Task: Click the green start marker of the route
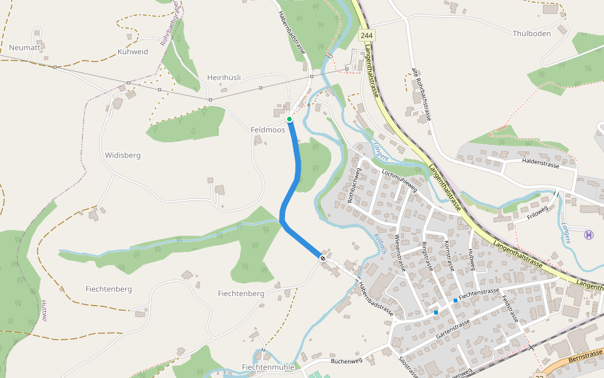coord(289,119)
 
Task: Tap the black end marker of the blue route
coord(323,258)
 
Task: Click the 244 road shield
coord(367,36)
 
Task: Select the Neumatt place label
coord(25,47)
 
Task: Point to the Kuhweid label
coord(133,52)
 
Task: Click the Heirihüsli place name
coord(224,77)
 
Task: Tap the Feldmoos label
coord(267,130)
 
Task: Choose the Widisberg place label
coord(123,155)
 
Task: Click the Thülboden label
coord(532,33)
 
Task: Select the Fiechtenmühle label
coord(268,367)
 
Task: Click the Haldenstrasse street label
coord(540,163)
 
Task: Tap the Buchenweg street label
coord(347,361)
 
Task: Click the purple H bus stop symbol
coord(589,235)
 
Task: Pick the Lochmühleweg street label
coord(400,180)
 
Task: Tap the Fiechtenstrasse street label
coord(479,293)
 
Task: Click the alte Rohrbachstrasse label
coord(421,94)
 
